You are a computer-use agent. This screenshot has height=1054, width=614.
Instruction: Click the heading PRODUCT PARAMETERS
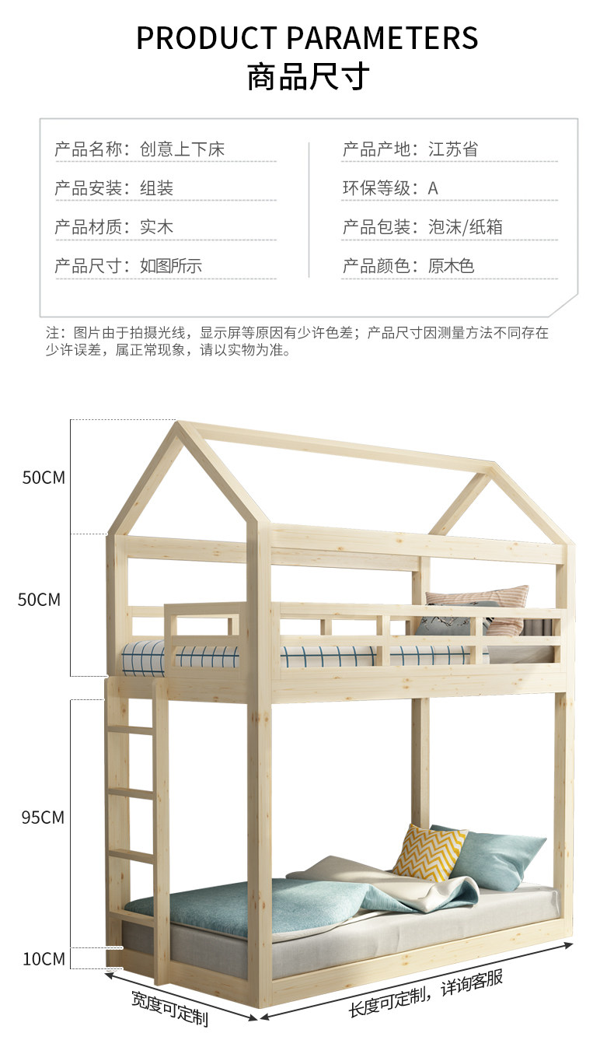pos(307,37)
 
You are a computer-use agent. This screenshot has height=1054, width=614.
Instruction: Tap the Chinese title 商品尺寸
pos(307,78)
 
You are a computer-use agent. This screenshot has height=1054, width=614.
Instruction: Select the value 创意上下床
pos(182,149)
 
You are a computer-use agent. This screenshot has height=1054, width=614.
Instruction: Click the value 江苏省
pos(453,149)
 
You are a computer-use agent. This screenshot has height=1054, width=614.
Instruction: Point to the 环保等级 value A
pos(433,188)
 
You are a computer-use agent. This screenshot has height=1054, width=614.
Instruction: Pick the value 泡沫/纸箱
pos(466,227)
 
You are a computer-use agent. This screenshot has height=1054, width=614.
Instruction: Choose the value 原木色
pos(451,266)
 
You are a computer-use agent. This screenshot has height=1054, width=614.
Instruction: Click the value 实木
pos(156,227)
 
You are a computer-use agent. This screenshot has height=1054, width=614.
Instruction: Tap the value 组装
pos(156,188)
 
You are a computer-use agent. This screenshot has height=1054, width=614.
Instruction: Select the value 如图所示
pos(171,266)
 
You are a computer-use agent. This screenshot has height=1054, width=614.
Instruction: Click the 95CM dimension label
pos(43,818)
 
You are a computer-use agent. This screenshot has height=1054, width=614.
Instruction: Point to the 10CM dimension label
pos(43,959)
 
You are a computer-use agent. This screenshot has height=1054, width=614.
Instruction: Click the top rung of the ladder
pos(130,730)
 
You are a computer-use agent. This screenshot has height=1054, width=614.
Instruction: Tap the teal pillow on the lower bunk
pos(497,856)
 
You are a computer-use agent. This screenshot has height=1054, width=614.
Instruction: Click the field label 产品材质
pos(87,227)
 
